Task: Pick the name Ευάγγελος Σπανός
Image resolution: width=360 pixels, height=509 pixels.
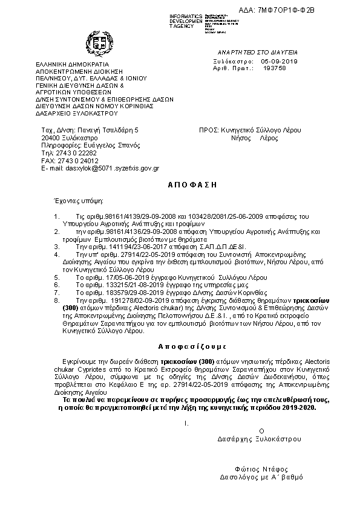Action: point(115,146)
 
